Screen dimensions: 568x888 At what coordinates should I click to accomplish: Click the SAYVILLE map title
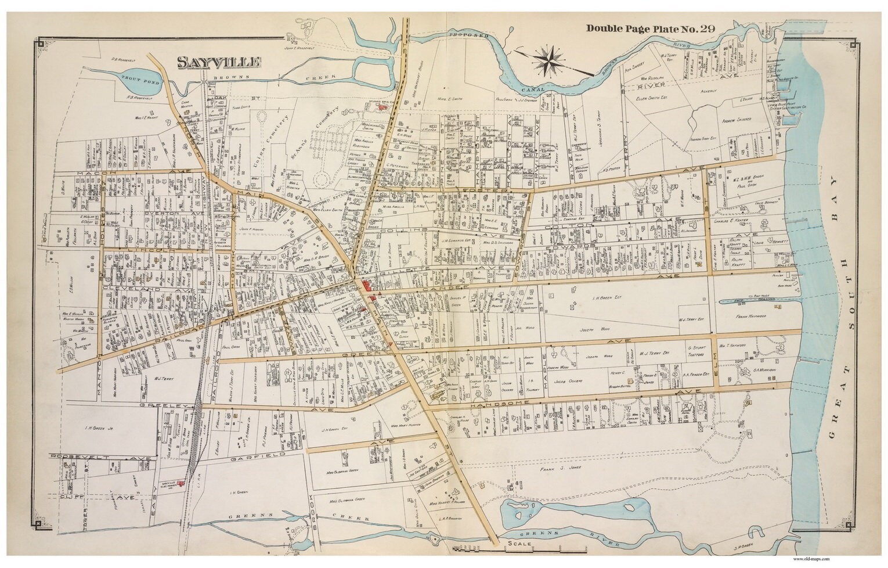(219, 62)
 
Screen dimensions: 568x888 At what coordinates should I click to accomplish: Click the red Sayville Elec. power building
(181, 483)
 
